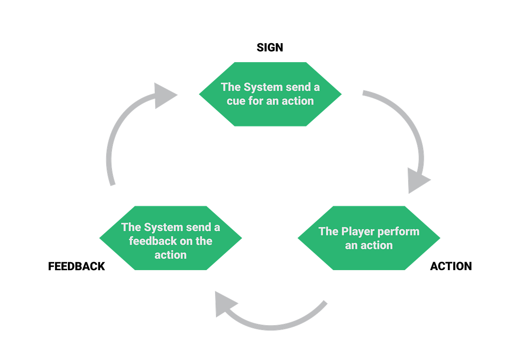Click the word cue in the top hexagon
[236, 101]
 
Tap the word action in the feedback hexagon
[171, 255]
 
